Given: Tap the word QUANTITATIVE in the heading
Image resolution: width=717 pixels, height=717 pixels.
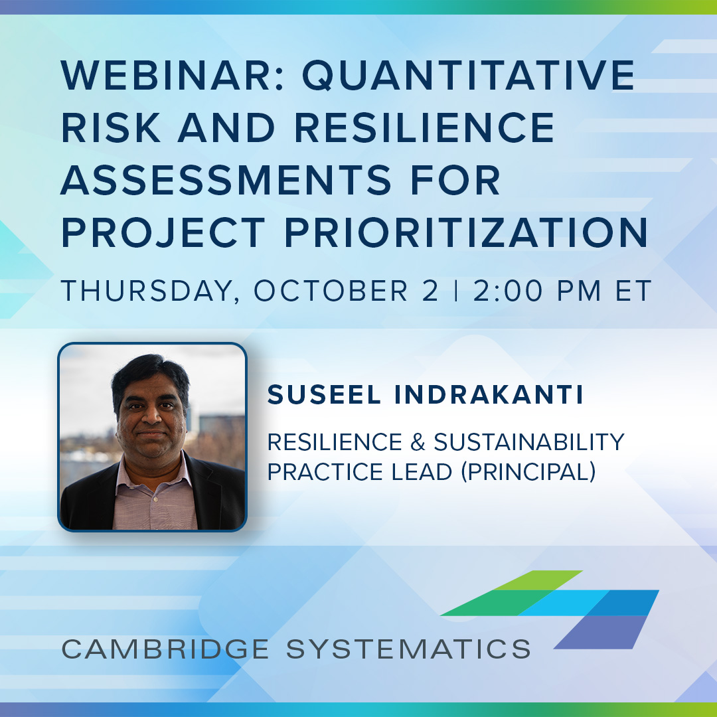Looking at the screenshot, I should coord(469,76).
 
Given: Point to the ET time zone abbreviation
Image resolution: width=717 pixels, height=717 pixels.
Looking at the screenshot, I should coord(630,291).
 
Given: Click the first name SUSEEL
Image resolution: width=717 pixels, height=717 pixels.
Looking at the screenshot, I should coord(325,395).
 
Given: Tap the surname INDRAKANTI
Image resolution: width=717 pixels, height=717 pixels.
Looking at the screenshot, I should coord(489,395).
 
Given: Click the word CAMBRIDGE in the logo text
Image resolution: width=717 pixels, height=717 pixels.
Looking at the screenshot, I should coord(166,648).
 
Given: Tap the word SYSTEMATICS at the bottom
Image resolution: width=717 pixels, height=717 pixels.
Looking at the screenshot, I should coord(408,648).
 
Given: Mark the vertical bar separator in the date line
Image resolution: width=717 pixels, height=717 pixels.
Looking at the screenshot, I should coord(455,291).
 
